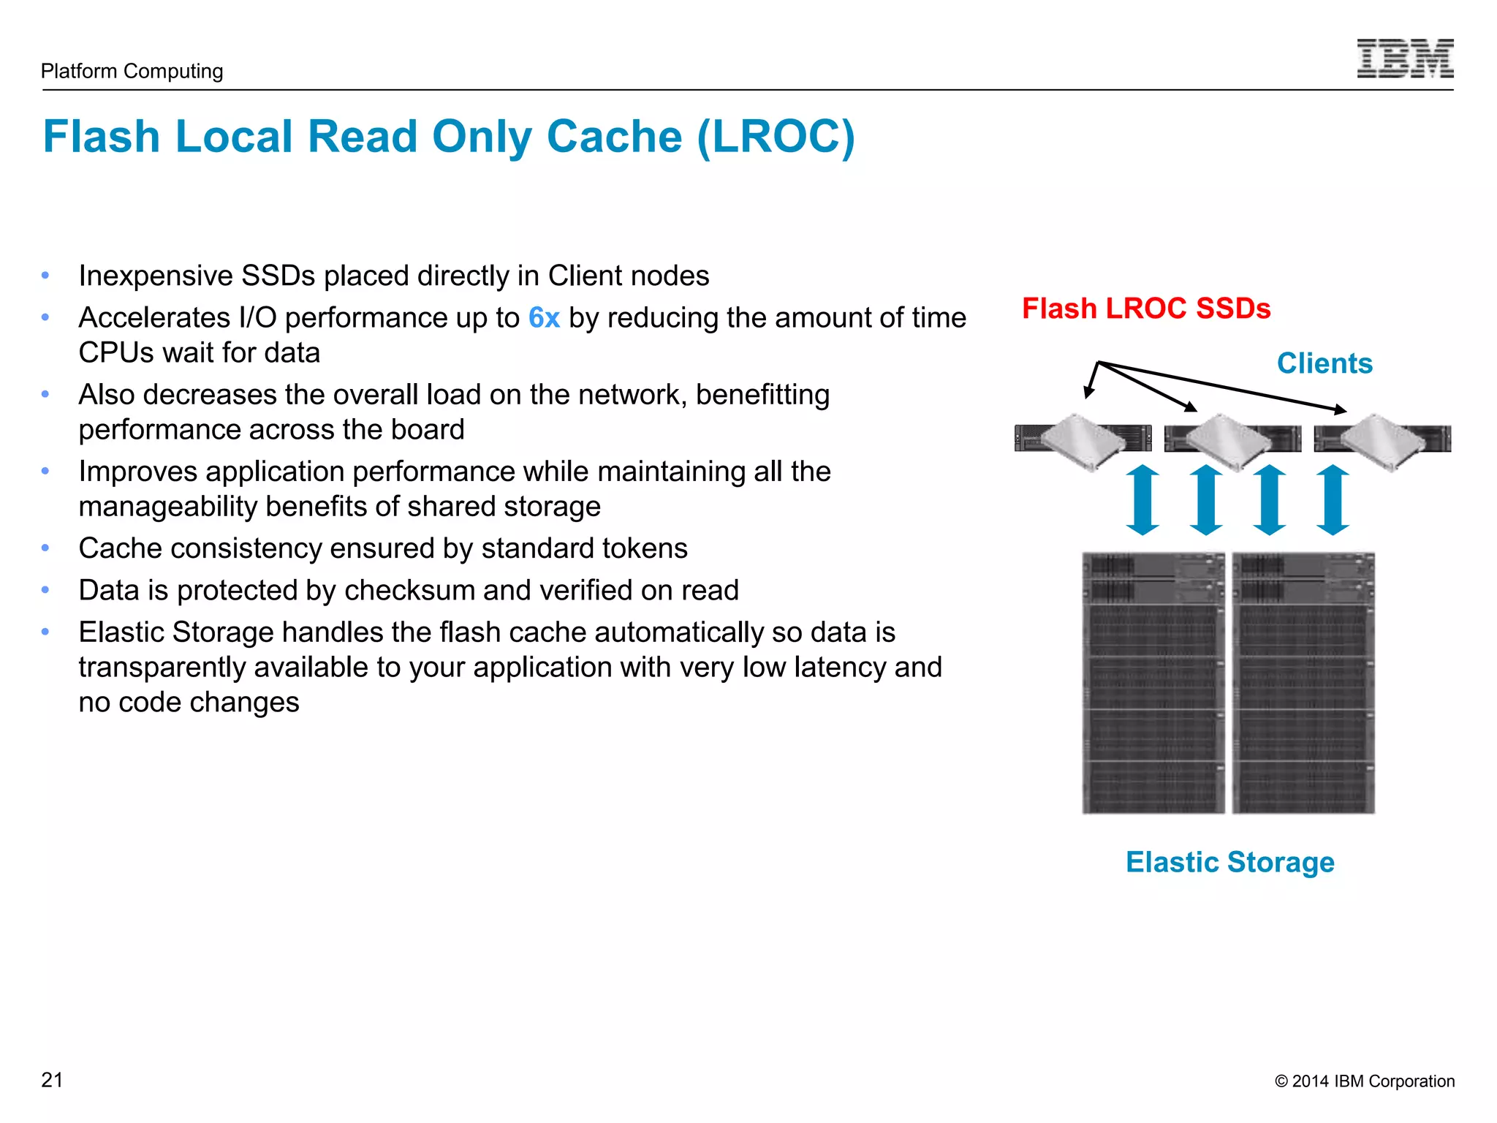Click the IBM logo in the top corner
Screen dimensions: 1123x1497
[1405, 58]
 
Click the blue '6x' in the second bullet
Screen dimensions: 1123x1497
[544, 318]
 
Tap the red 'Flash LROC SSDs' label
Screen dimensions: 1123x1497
[1145, 309]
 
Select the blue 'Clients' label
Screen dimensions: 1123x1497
[1324, 363]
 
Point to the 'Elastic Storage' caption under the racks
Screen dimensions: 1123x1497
[1229, 862]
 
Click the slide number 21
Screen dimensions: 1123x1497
[52, 1080]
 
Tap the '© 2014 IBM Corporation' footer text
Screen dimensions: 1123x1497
[1364, 1081]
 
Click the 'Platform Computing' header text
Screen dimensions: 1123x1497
[132, 71]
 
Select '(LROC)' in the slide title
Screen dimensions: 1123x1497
[776, 137]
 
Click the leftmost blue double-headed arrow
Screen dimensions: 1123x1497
[1142, 500]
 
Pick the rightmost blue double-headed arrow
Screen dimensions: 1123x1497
[1333, 500]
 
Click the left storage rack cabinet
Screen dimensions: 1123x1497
[1153, 683]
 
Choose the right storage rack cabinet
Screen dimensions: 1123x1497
[1303, 683]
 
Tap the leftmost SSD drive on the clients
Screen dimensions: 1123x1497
[1083, 441]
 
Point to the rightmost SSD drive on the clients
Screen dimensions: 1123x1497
[1382, 441]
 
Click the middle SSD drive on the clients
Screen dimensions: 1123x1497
[1228, 441]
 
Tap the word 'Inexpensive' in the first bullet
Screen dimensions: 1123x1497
[156, 276]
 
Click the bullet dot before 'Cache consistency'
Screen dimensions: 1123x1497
[45, 548]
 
